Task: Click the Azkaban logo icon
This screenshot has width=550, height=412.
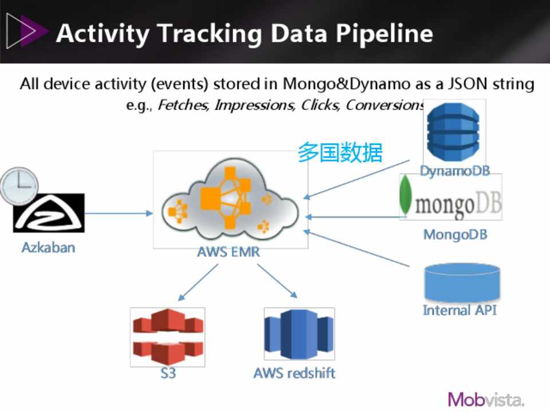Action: coord(49,213)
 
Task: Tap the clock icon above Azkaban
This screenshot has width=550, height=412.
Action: coord(18,186)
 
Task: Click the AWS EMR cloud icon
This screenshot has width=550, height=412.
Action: coord(230,200)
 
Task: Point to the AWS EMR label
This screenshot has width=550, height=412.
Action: coord(228,252)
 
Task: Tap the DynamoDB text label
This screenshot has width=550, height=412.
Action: coord(454,171)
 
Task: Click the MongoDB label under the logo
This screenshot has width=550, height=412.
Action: coord(455,235)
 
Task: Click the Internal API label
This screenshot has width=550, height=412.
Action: coord(459,310)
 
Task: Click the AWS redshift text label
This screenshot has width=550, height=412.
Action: coord(294,373)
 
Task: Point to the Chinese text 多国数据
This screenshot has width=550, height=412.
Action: coord(340,153)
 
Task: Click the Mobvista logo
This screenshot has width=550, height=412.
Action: coord(486,399)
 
